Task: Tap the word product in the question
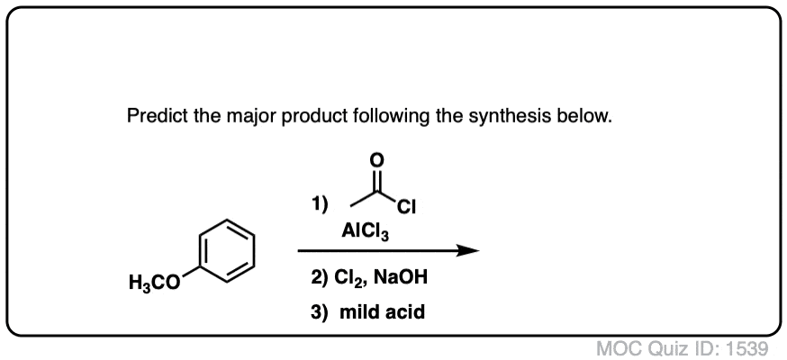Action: [x=313, y=117]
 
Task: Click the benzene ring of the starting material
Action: [x=226, y=251]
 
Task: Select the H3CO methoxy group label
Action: [x=154, y=283]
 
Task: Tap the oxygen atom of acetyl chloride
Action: [x=377, y=160]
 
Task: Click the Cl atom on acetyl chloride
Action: [x=406, y=207]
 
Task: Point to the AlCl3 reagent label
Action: [x=365, y=231]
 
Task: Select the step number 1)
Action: [x=320, y=204]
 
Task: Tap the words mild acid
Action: [x=382, y=312]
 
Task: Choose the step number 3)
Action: [x=320, y=312]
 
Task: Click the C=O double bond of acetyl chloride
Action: [x=377, y=181]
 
